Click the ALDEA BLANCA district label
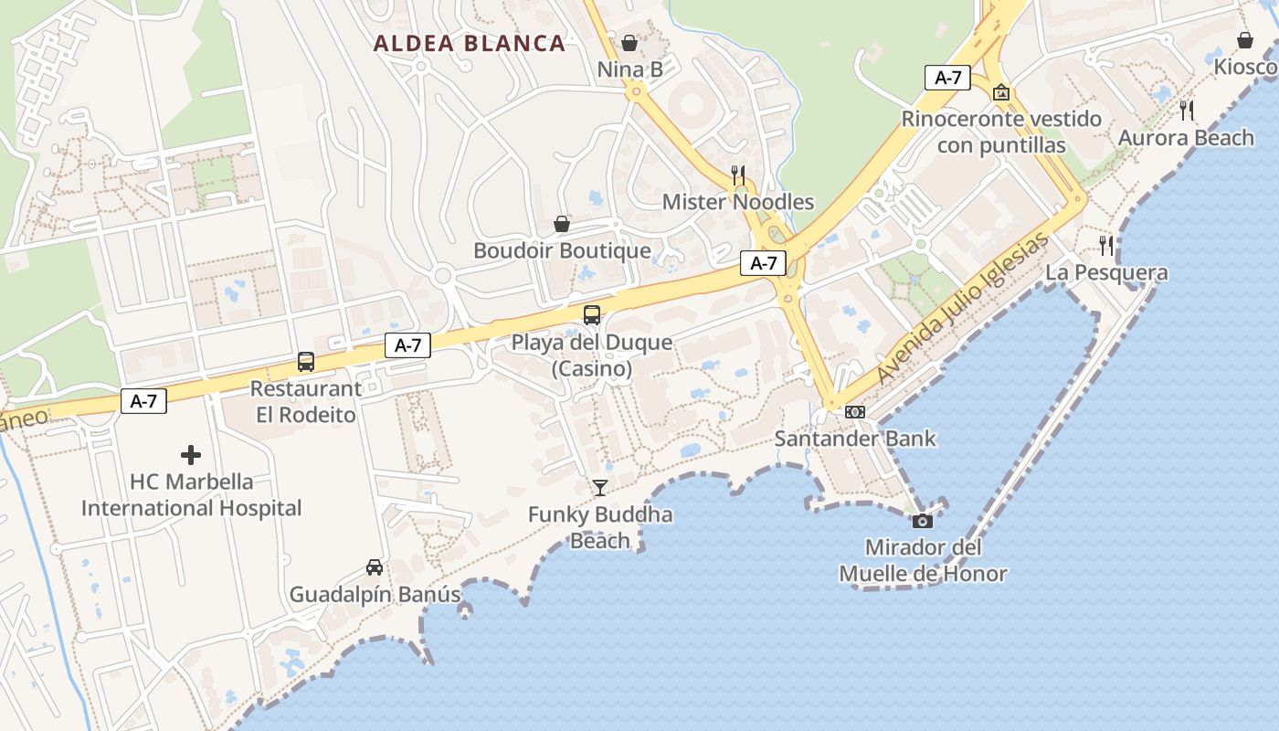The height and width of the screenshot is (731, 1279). coord(470,43)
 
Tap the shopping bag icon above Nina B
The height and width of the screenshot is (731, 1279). coord(629,42)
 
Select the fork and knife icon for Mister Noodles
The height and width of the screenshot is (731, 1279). coord(738,175)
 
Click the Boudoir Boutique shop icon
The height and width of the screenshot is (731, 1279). coord(562,224)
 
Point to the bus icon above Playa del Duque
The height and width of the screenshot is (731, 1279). coord(592,315)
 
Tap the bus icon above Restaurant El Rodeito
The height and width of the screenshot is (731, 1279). coord(306,362)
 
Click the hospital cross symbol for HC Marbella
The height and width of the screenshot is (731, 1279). coord(191,454)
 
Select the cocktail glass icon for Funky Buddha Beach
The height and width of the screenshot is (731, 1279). coord(599,487)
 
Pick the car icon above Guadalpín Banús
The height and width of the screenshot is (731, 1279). coord(375,567)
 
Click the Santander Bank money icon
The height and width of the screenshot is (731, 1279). coord(855,412)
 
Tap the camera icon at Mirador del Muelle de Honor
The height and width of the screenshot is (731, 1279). coord(923,521)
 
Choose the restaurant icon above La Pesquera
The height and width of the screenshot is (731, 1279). coord(1106,245)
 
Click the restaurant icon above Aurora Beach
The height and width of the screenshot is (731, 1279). coord(1187,111)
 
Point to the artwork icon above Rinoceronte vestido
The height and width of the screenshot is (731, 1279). coord(1001,92)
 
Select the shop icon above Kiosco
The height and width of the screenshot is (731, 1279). coord(1244,40)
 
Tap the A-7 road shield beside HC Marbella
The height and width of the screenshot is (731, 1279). coord(143,401)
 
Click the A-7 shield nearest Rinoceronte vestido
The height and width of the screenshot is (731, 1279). coord(947,78)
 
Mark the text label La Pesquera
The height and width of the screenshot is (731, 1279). coord(1106,272)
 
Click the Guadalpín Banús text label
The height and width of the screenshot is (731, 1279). coord(375,595)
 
